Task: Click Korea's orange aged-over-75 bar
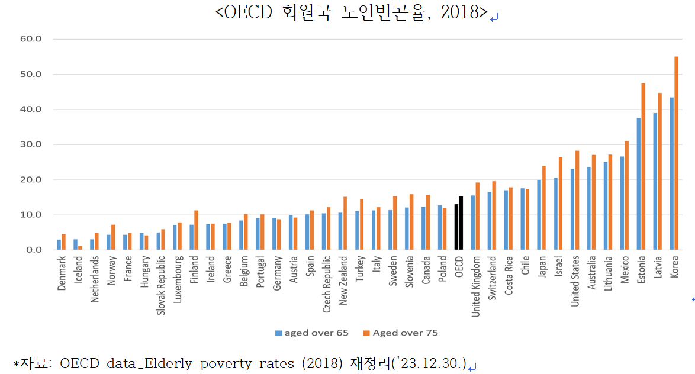point(676,153)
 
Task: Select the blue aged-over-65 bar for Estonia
point(638,184)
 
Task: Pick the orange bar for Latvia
point(659,172)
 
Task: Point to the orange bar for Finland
point(196,230)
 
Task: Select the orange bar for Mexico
point(626,195)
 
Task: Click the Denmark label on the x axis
point(62,273)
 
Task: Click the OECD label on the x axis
point(459,266)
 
